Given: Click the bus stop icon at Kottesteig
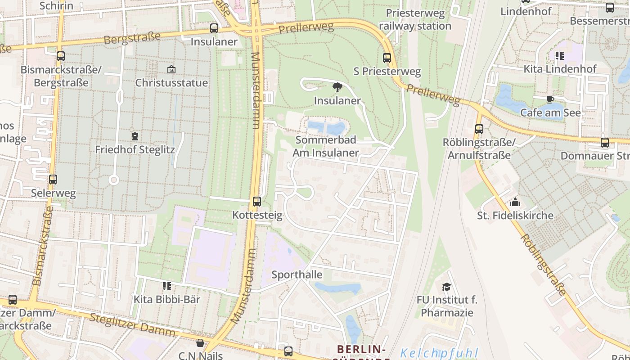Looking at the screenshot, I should (257, 201).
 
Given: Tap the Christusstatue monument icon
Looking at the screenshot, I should (171, 69).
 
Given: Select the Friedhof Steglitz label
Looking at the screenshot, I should (135, 149).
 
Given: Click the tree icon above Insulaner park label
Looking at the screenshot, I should (337, 87).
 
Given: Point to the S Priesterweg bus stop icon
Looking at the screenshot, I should (387, 58).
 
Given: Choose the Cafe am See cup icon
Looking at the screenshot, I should (550, 99).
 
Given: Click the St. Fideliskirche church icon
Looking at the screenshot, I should (515, 202).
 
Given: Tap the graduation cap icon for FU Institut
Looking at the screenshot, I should (446, 286).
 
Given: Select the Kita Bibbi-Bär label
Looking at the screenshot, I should (167, 299).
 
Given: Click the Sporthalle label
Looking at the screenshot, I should (297, 274).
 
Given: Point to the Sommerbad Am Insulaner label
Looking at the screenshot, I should (326, 146).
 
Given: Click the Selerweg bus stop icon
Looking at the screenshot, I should (53, 180).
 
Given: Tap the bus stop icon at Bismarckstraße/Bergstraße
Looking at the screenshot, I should (61, 56).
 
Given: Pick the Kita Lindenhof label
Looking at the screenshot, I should (560, 69).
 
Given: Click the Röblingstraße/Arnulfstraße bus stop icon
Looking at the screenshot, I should (479, 129).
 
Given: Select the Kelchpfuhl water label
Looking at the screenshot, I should (439, 353).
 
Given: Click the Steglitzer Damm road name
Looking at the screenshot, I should (132, 325).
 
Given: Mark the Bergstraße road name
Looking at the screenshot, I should (126, 39).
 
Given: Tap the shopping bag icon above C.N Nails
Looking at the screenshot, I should (200, 343).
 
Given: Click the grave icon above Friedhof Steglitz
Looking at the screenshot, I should (135, 136).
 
